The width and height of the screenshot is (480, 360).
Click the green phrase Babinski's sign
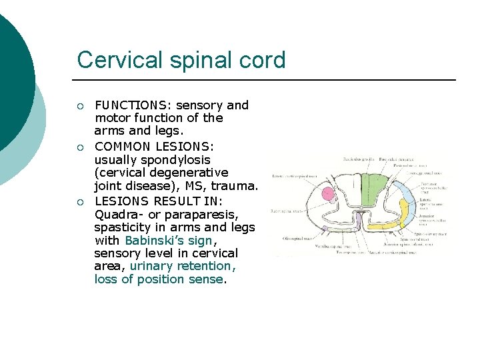pyautogui.click(x=169, y=240)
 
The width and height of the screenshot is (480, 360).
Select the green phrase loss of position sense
pyautogui.click(x=159, y=279)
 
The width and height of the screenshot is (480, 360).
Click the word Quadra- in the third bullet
pyautogui.click(x=118, y=215)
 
